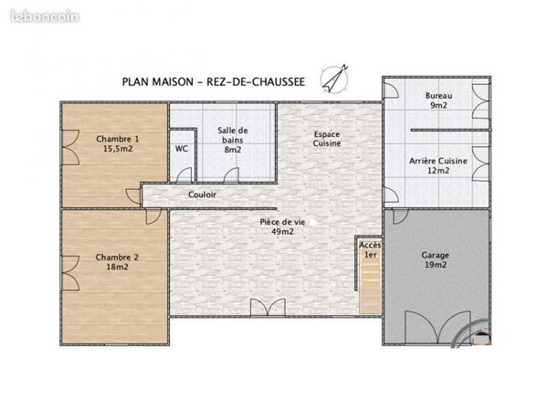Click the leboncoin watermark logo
click(45, 16)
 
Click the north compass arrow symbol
click(335, 79)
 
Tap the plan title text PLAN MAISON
click(158, 82)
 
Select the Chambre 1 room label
click(118, 139)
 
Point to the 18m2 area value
click(118, 267)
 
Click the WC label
click(182, 149)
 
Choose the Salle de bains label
click(232, 135)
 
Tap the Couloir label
click(202, 195)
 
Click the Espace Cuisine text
click(327, 139)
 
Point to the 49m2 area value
click(282, 232)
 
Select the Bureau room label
click(438, 95)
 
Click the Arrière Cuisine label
click(438, 161)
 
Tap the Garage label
click(435, 255)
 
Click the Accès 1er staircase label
click(371, 250)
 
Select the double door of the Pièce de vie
click(268, 308)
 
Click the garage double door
click(437, 327)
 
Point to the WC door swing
click(184, 175)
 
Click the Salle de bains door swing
click(231, 175)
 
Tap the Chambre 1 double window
click(71, 147)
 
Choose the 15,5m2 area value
click(118, 149)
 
